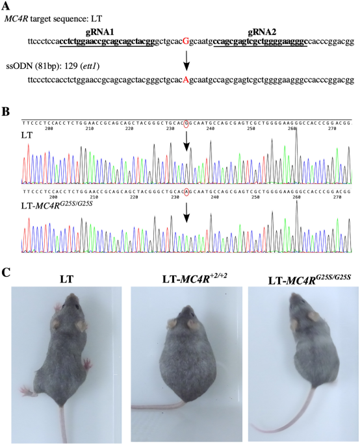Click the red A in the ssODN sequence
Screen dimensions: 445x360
(x=186, y=81)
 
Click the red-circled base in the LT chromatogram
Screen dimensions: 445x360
(x=187, y=123)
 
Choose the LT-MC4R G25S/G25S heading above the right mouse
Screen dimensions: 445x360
(x=300, y=281)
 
